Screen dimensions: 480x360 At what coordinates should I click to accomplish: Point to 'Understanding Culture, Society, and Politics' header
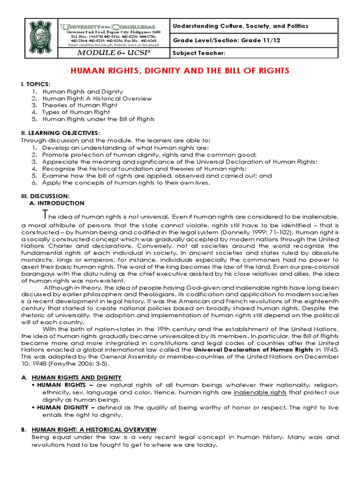[241, 26]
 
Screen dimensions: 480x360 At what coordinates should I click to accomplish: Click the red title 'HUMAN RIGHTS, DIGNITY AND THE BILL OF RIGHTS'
[180, 71]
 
